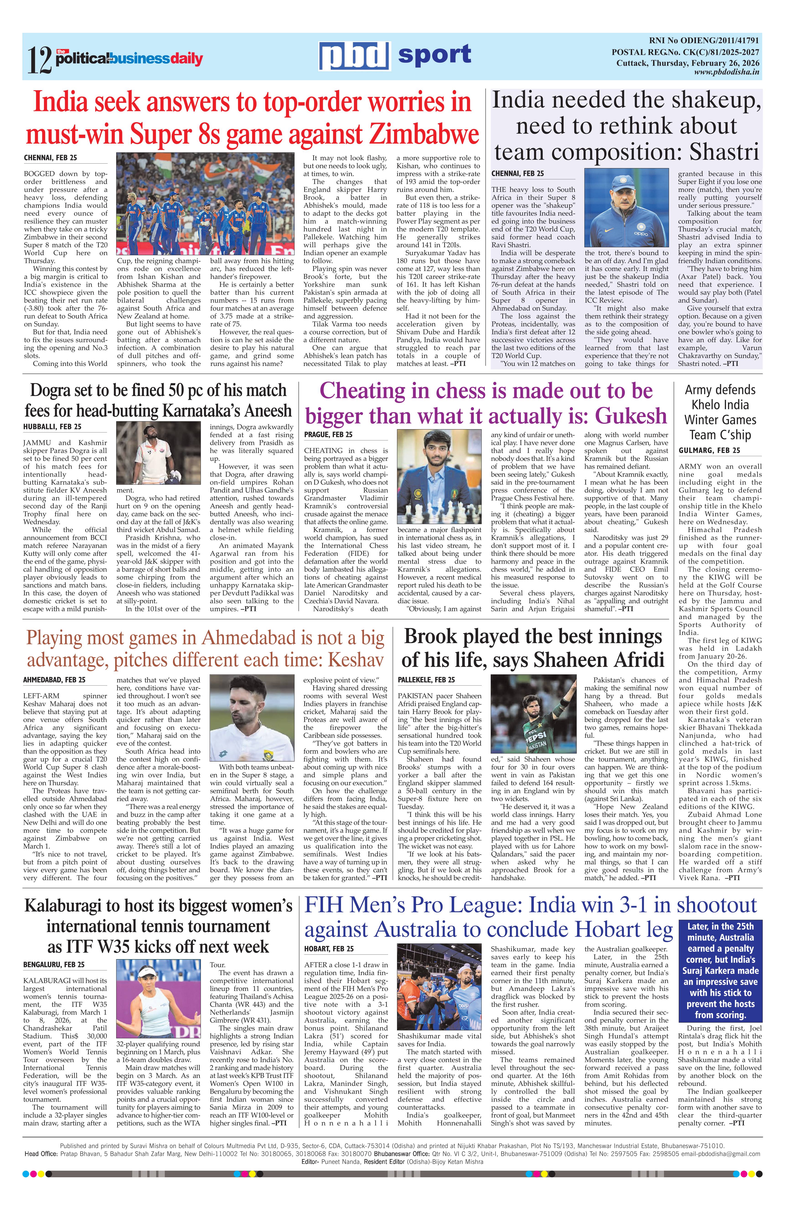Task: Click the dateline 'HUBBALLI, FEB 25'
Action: [52, 426]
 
